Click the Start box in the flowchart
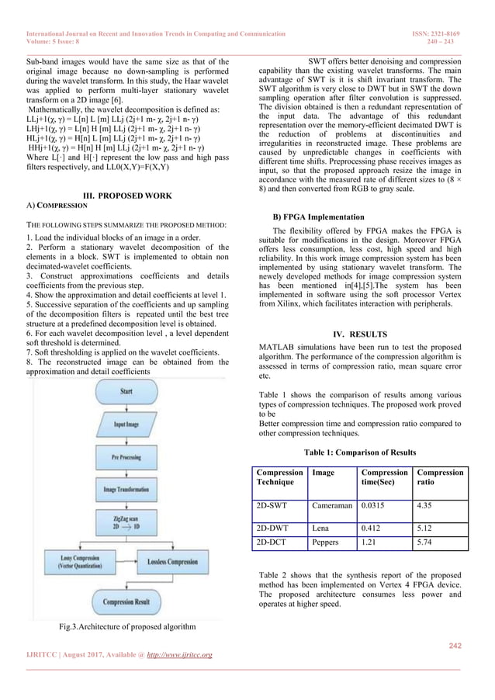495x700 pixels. pos(126,392)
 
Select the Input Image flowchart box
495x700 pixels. pos(126,425)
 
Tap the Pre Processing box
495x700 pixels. pos(126,457)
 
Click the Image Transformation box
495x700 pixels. pos(126,490)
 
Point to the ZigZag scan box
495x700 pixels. pos(126,528)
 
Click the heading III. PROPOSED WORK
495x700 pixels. pos(126,196)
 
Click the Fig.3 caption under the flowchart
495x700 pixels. pos(126,626)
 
